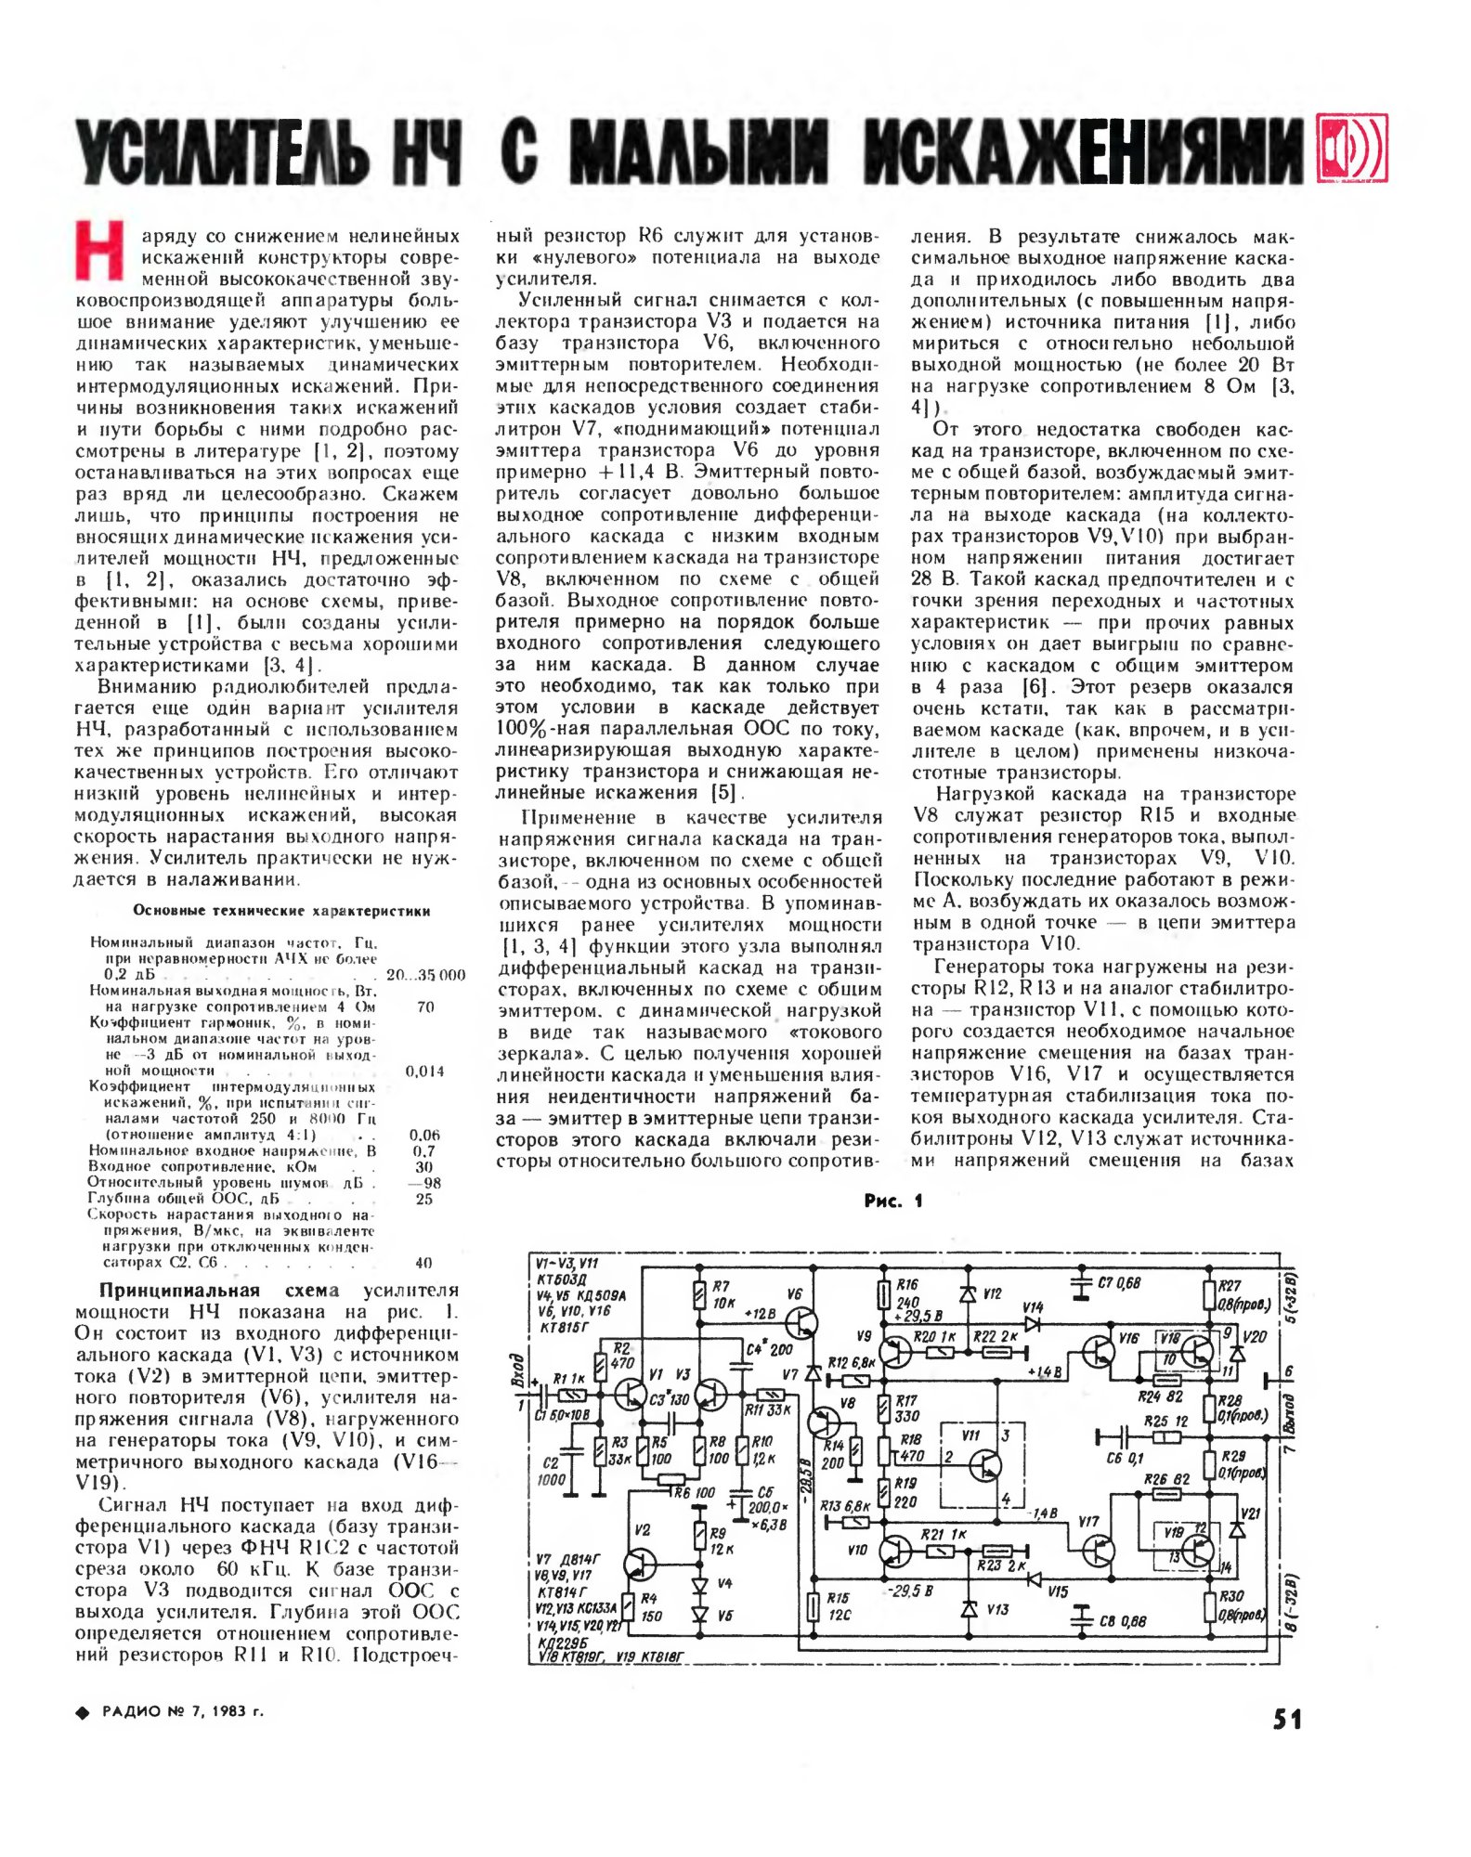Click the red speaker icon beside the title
coord(1352,149)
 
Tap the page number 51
coord(1287,1720)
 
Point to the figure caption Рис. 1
coord(893,1201)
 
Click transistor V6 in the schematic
coord(801,1323)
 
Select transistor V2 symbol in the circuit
coord(641,1563)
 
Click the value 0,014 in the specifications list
coord(424,1071)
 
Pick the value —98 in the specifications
coord(424,1183)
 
